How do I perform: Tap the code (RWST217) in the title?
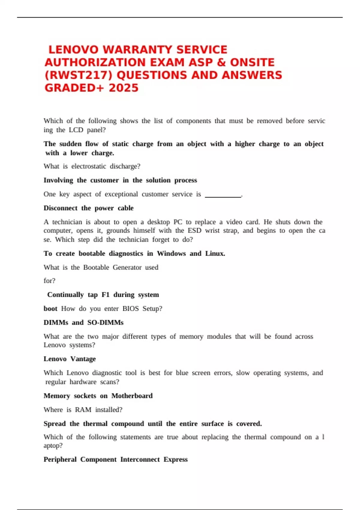[78, 75]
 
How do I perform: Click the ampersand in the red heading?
[221, 62]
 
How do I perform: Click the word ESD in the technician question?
[194, 230]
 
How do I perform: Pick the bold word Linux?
[215, 253]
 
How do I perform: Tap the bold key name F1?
[105, 295]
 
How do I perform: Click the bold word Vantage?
[83, 359]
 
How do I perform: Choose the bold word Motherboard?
[132, 396]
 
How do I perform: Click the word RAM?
[83, 409]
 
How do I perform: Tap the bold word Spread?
[55, 424]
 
